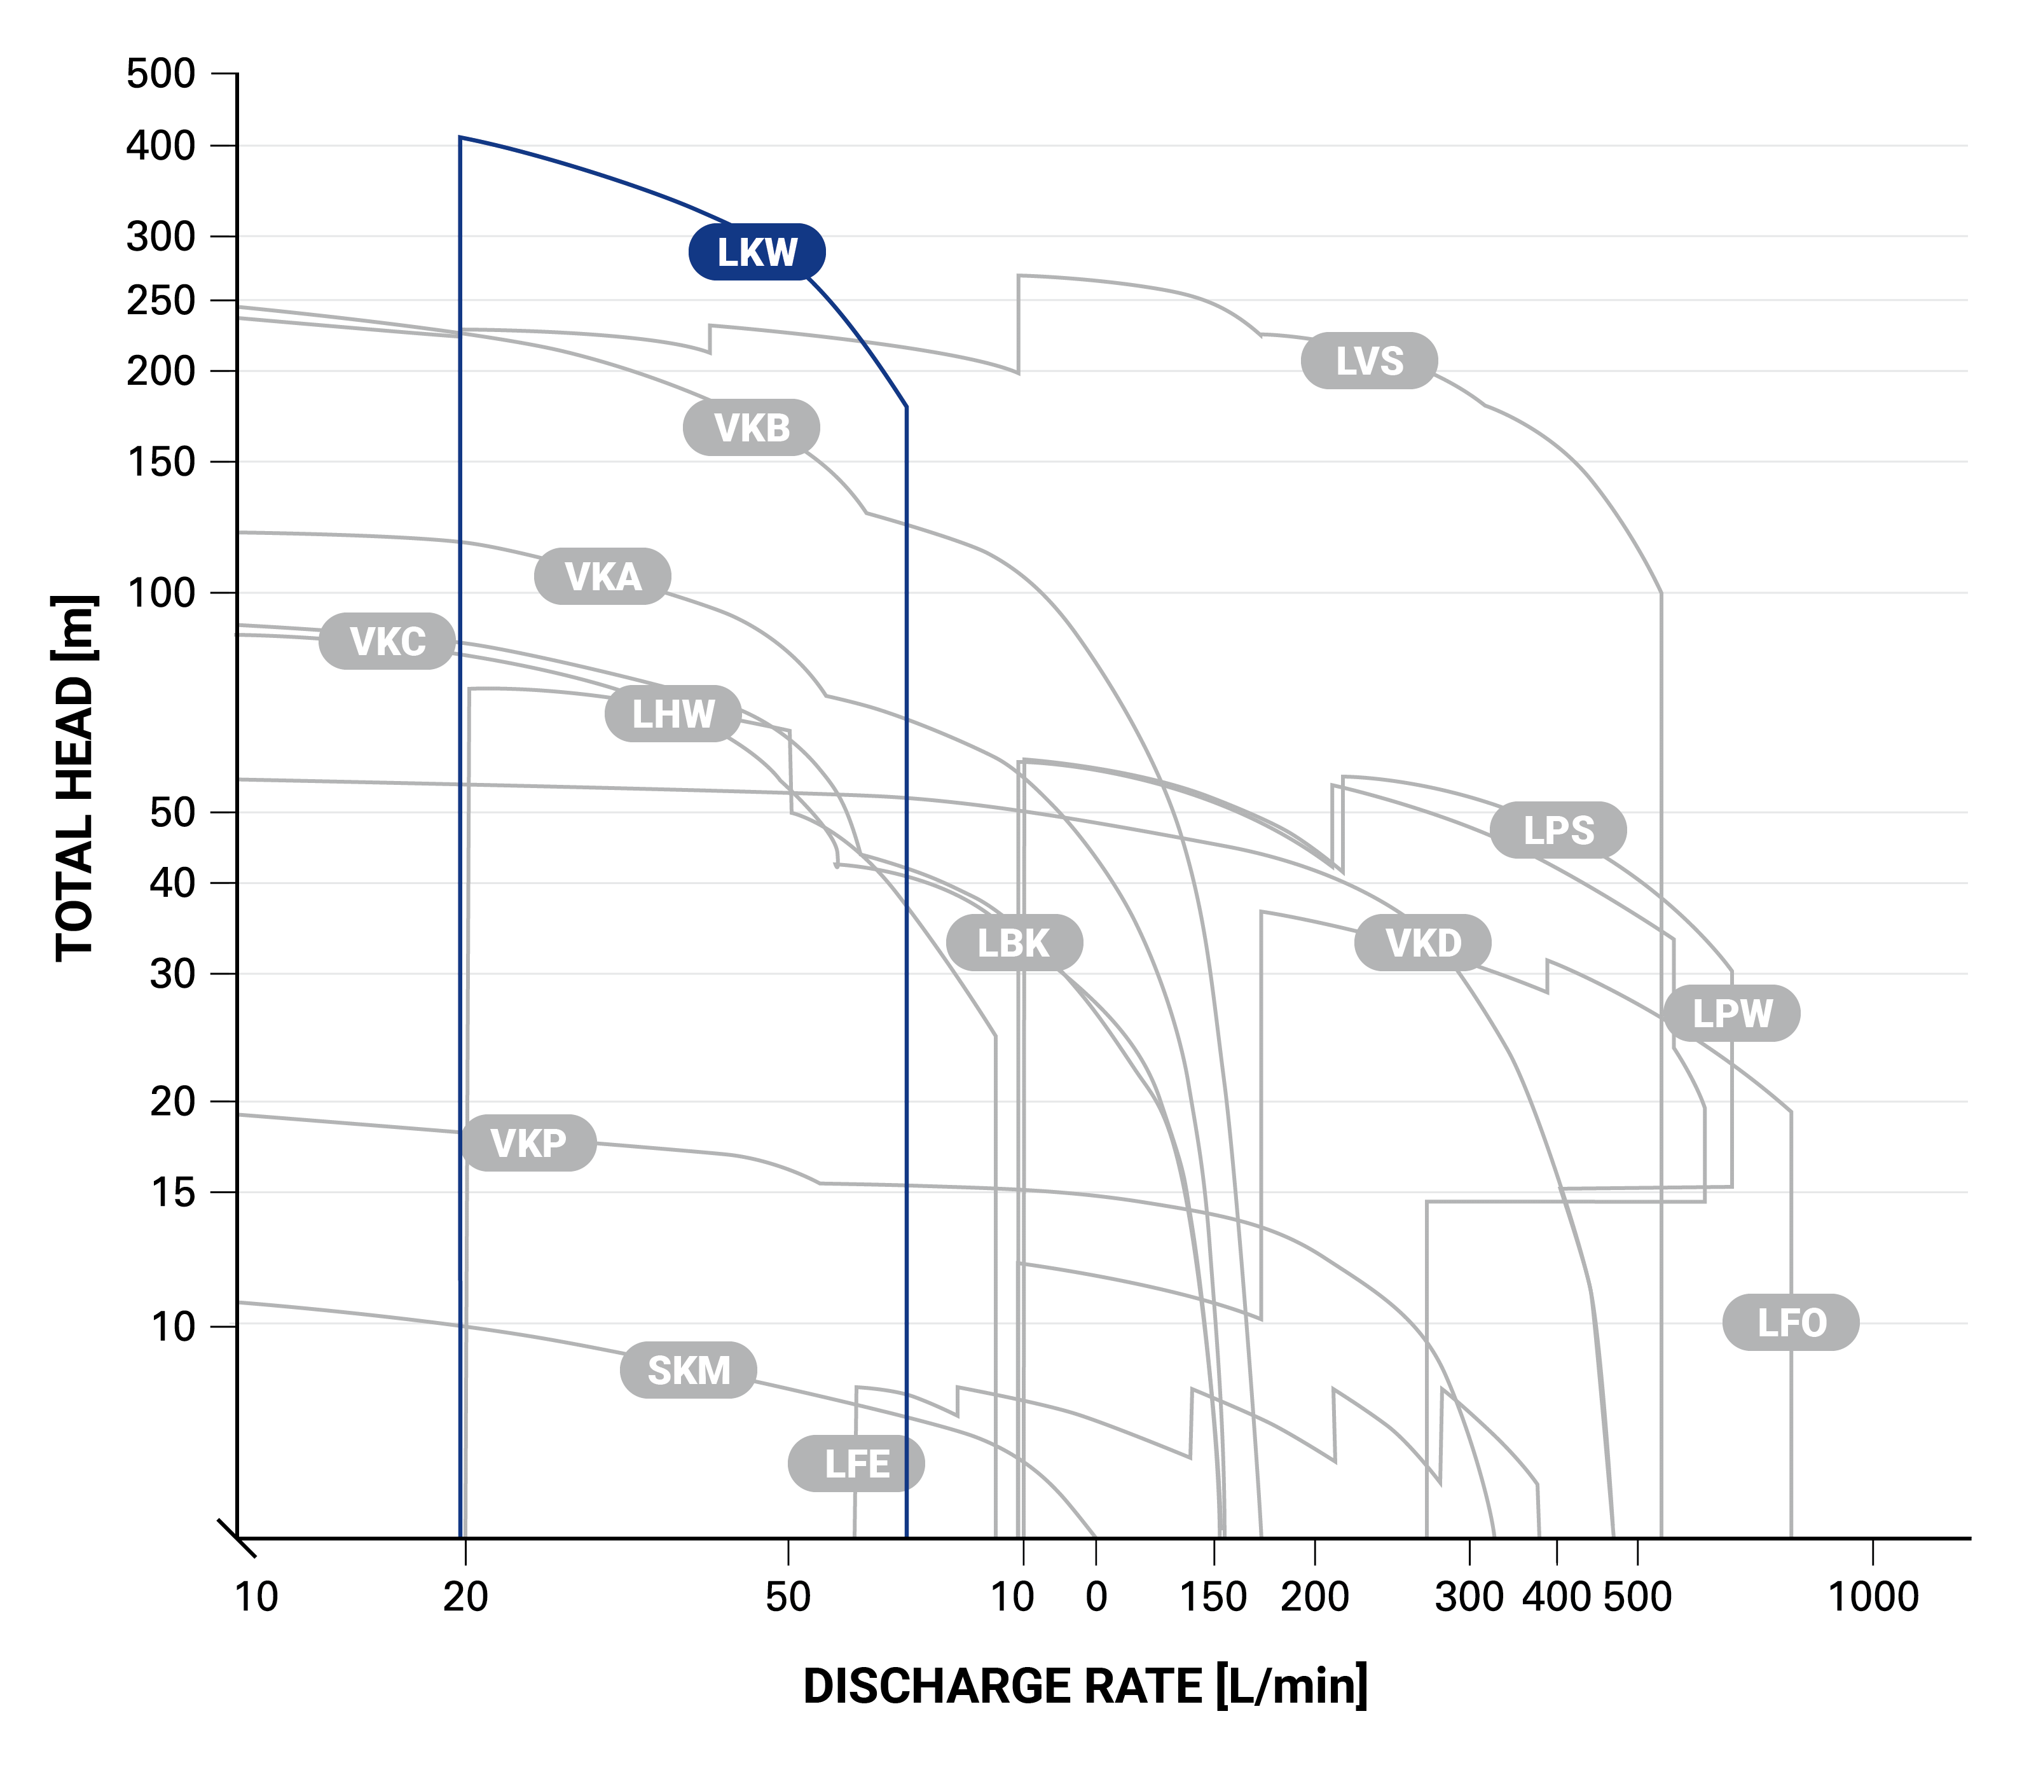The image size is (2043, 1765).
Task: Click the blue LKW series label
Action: click(756, 253)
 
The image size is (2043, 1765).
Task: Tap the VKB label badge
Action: click(752, 428)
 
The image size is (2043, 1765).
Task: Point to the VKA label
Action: click(602, 576)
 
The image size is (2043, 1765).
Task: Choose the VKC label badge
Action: click(387, 642)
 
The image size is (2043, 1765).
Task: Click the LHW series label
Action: click(673, 714)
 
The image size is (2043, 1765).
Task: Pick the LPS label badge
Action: click(1558, 830)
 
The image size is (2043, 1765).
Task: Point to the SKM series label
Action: click(688, 1371)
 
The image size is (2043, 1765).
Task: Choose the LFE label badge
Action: click(856, 1464)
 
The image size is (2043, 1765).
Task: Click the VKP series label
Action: click(528, 1144)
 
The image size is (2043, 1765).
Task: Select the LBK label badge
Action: click(1014, 944)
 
